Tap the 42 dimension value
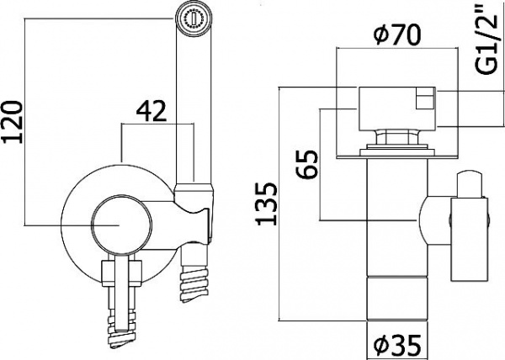tap(152, 109)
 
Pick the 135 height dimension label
tap(268, 204)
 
